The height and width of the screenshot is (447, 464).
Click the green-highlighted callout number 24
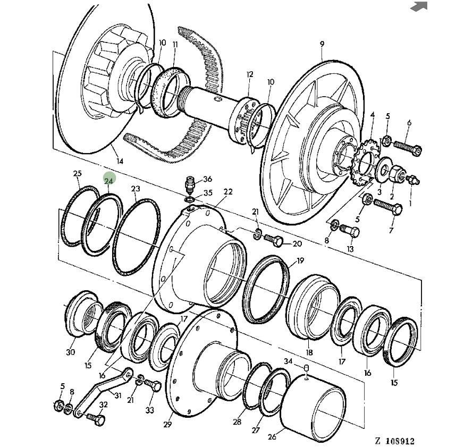click(x=109, y=181)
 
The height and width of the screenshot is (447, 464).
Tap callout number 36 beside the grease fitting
click(x=207, y=179)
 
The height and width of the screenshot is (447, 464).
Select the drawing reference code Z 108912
click(x=394, y=441)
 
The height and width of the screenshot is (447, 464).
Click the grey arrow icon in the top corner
click(x=419, y=6)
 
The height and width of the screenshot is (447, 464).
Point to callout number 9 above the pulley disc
click(x=322, y=44)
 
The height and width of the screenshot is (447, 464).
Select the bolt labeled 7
click(x=389, y=207)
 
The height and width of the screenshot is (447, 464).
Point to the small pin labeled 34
click(x=306, y=370)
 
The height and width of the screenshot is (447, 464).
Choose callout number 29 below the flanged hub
click(x=167, y=424)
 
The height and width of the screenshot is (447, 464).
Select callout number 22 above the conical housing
click(x=228, y=192)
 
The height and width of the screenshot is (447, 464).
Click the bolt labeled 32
click(x=95, y=420)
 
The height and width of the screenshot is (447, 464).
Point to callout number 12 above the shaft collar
click(x=250, y=74)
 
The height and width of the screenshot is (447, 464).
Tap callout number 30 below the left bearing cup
click(x=71, y=352)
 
